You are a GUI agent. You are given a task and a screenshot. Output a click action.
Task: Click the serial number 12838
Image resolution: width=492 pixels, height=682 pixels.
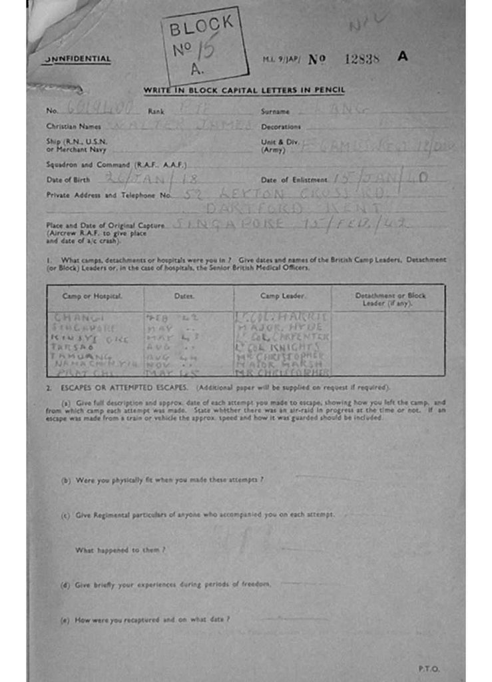click(362, 59)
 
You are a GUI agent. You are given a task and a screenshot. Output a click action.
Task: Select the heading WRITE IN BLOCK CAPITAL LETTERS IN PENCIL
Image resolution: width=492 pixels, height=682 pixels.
click(244, 91)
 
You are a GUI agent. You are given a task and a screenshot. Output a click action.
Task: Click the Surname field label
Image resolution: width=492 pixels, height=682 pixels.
click(275, 111)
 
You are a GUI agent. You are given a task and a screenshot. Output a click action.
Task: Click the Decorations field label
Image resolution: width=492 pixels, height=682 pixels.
click(281, 127)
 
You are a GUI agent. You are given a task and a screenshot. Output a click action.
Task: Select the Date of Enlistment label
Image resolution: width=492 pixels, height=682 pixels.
click(294, 180)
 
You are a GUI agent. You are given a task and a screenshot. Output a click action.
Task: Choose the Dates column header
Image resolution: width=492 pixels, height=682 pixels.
click(184, 295)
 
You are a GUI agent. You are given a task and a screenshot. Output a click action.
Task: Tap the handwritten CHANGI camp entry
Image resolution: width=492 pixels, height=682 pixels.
click(75, 317)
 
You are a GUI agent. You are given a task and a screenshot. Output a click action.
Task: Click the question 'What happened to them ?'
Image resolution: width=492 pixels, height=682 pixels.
click(120, 550)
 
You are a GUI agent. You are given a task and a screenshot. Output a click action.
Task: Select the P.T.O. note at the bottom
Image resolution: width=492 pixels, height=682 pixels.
click(428, 668)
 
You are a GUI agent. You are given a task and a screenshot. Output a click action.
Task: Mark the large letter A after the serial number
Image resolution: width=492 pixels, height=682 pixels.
click(402, 57)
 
